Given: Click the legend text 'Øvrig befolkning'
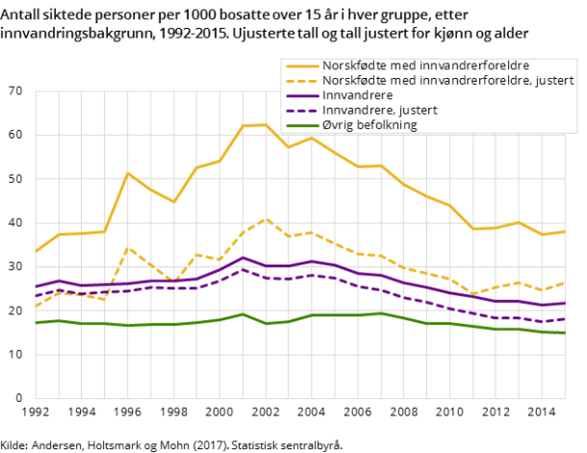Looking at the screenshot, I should pos(370,125).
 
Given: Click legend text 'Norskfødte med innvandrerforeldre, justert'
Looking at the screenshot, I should pos(448,80).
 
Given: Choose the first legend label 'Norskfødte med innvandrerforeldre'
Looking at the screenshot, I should pos(426,65).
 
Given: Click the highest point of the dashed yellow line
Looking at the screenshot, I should pos(266,218).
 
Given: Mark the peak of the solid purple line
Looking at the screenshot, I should pos(242,257).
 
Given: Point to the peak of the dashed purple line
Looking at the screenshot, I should pos(242,268).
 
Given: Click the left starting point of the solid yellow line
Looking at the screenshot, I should pos(36,252).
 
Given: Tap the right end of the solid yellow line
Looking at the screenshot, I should pos(565,231).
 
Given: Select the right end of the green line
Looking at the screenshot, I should pos(565,333).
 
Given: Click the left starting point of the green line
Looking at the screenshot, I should pos(36,322).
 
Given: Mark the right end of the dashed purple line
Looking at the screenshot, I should pos(565,318).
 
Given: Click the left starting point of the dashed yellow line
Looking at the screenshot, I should pos(36,306).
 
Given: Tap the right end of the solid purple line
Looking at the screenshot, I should pos(565,303).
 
